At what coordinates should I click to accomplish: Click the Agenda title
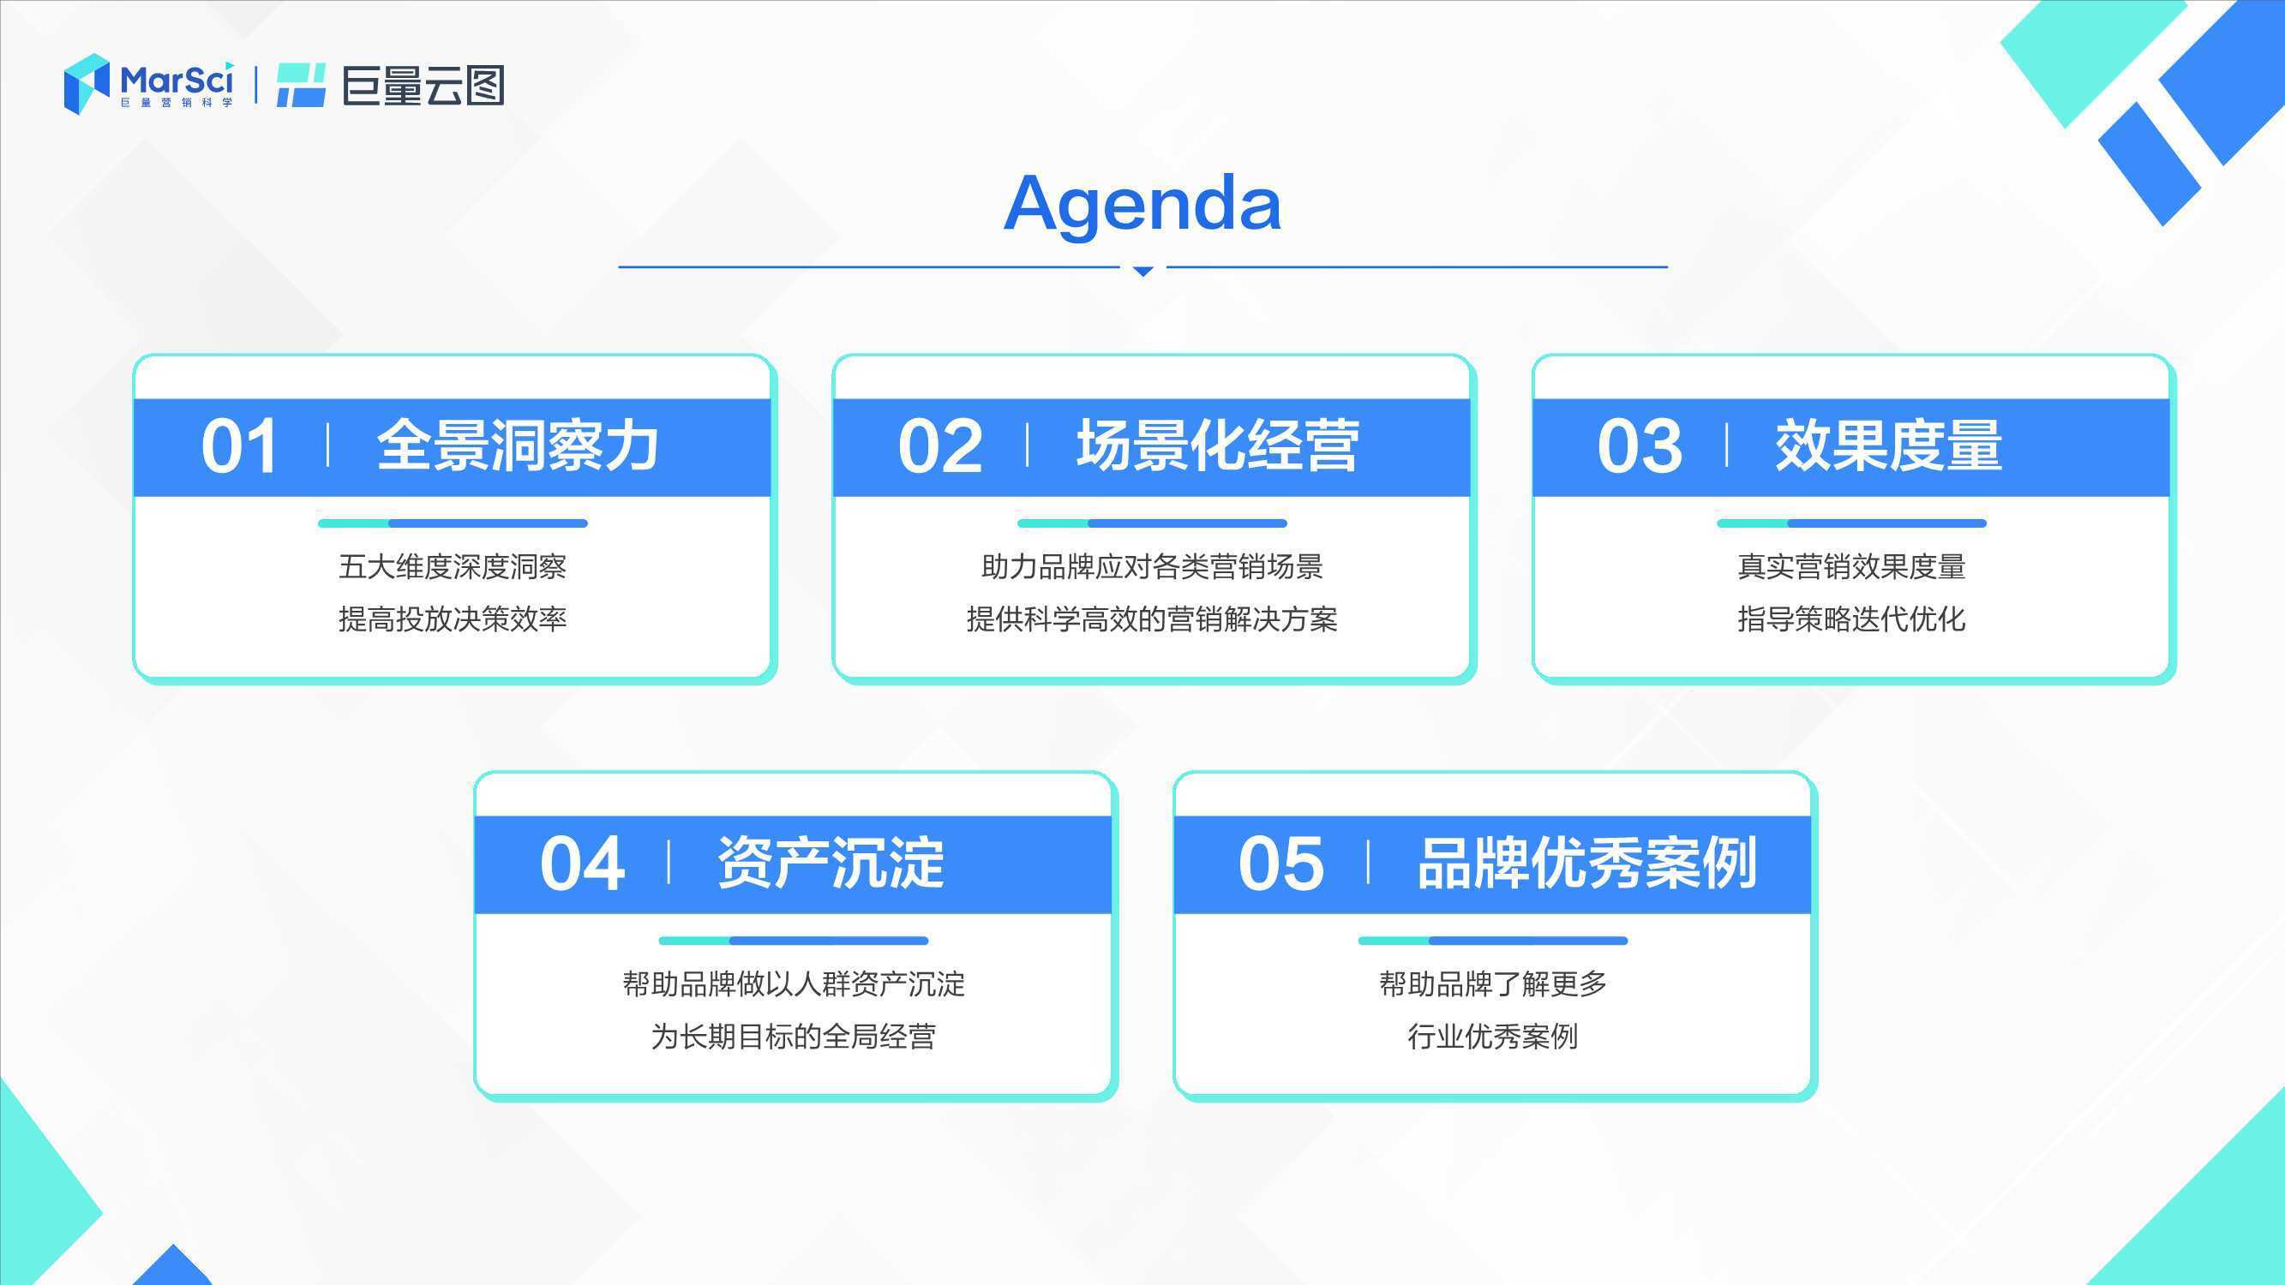[1142, 206]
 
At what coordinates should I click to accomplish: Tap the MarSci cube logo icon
[86, 83]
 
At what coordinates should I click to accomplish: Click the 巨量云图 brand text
[423, 85]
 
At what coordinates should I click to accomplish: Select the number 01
[238, 446]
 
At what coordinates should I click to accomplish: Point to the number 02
[939, 446]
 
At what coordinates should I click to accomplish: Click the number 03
[1640, 446]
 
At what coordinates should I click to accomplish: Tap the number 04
[582, 864]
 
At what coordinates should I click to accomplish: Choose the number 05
[1280, 864]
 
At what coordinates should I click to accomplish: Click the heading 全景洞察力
[518, 445]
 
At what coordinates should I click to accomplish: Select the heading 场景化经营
[1217, 445]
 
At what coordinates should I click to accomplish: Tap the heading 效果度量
[1888, 445]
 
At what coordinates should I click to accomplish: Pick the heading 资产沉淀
[831, 863]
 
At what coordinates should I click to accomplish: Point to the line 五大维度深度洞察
[453, 566]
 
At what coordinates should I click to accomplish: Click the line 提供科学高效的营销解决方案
[1151, 619]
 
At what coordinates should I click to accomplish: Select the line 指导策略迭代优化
[1851, 619]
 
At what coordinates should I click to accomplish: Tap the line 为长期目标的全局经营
[793, 1037]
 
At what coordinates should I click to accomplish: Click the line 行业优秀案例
[1493, 1037]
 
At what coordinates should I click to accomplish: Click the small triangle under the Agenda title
[1143, 271]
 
